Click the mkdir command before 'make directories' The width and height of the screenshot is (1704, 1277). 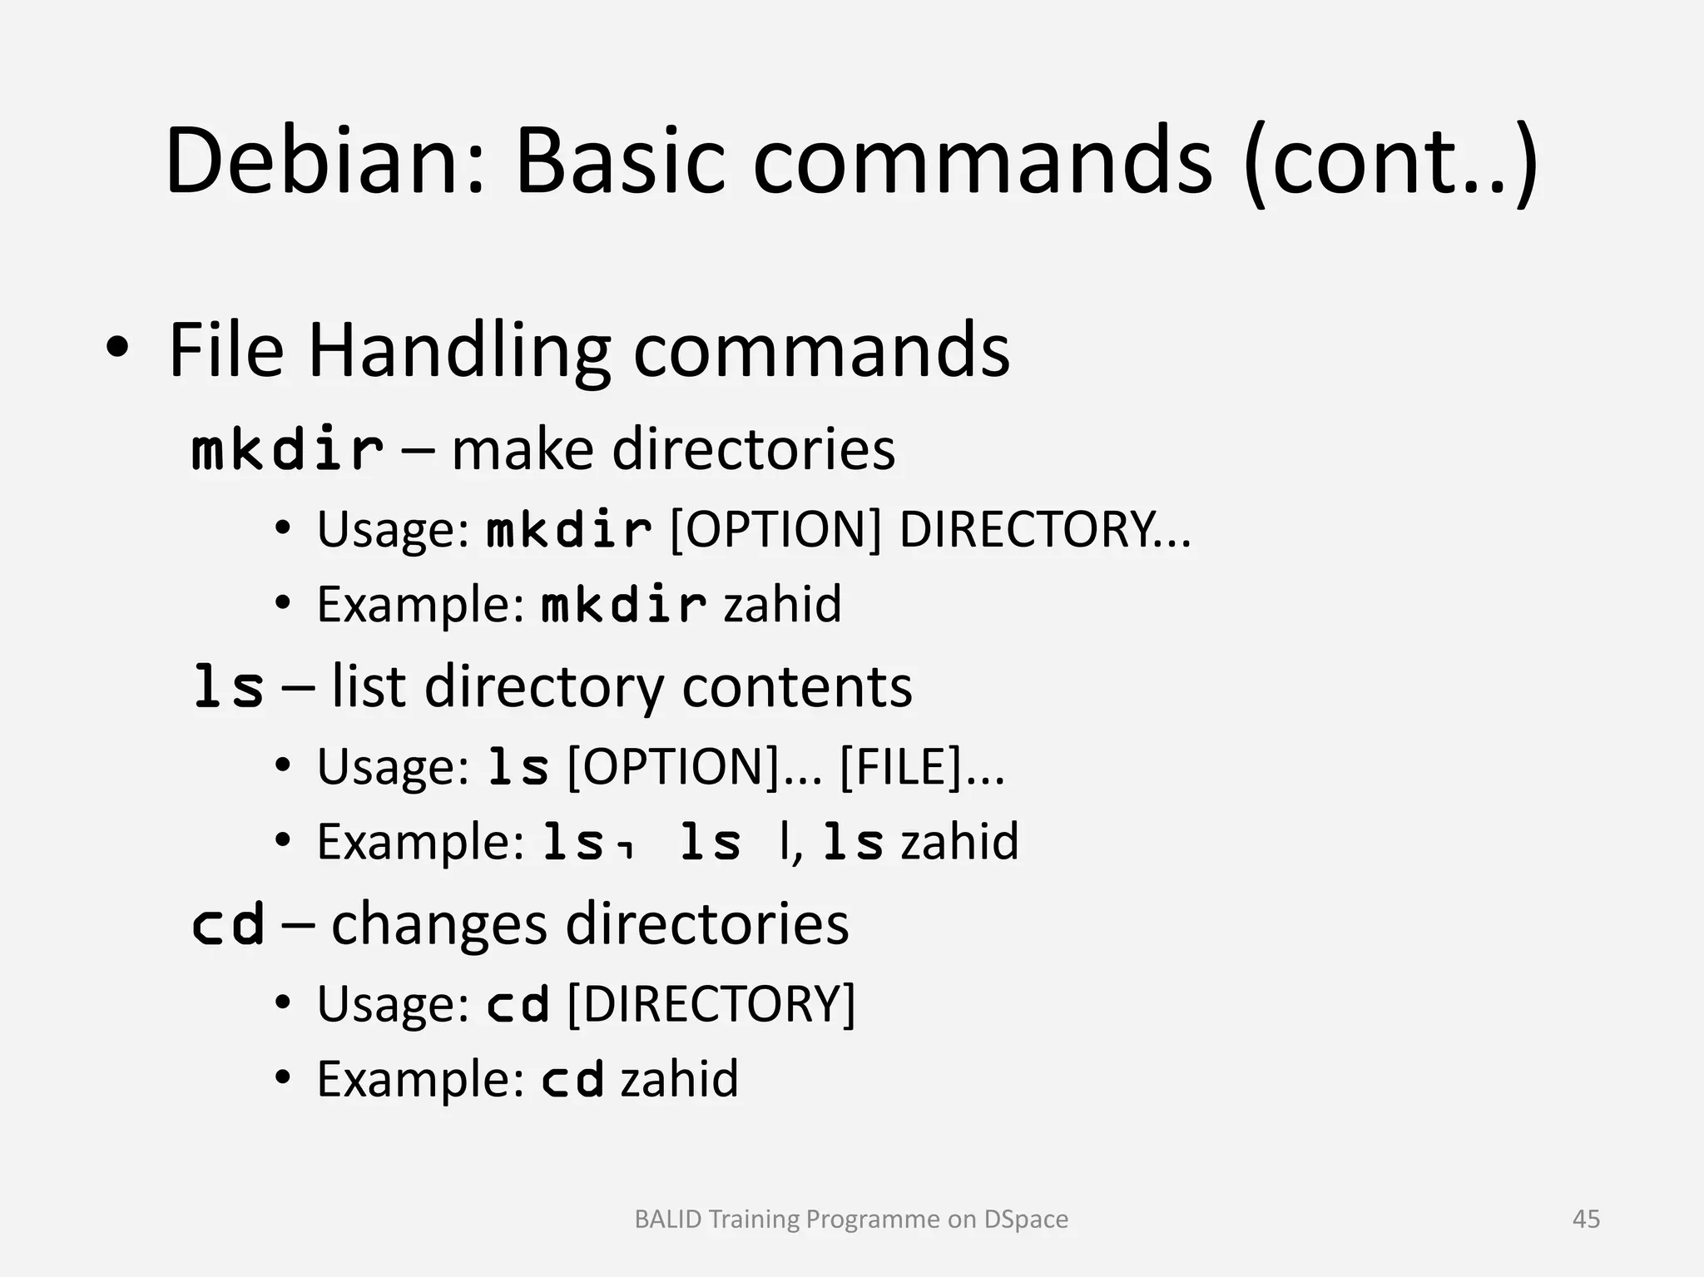click(287, 449)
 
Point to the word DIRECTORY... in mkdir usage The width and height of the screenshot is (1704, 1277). click(1045, 528)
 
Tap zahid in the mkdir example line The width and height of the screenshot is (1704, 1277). click(782, 604)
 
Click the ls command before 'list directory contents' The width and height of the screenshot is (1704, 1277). click(228, 687)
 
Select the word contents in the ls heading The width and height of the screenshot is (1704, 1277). click(796, 687)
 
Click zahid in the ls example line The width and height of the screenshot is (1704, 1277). click(959, 841)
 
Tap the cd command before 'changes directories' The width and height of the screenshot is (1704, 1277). click(228, 924)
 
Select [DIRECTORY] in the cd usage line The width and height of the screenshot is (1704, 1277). click(711, 1003)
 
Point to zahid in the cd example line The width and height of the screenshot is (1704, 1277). click(679, 1079)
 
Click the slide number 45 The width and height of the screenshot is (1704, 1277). click(1586, 1219)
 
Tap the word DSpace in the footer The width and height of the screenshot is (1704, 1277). click(1026, 1219)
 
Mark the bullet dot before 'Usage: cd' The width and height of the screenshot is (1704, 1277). click(283, 1003)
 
